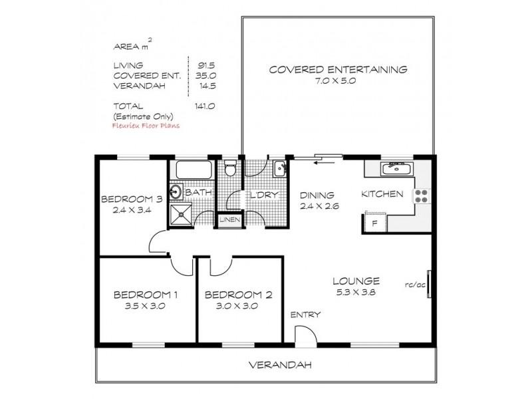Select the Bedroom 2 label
[239, 295]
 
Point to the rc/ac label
[414, 287]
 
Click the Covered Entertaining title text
[338, 69]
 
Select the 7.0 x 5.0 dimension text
[338, 81]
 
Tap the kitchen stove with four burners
[422, 195]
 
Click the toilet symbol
[230, 169]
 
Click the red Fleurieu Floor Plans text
[147, 124]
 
